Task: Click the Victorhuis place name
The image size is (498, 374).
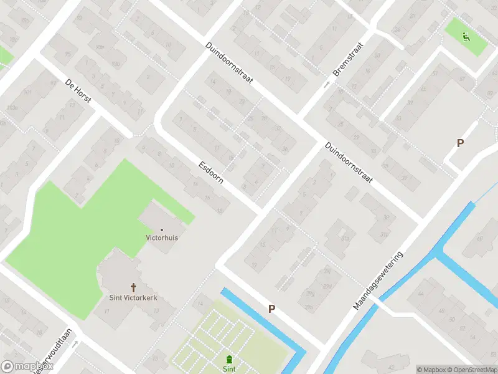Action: [x=162, y=237]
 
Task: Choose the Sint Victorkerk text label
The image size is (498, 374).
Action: [x=134, y=298]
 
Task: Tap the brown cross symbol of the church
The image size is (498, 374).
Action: [x=133, y=287]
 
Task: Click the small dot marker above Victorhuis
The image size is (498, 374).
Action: [x=162, y=229]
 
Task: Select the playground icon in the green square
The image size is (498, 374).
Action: [x=466, y=36]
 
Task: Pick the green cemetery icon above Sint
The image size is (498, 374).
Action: [x=230, y=360]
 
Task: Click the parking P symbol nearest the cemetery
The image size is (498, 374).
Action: [x=271, y=309]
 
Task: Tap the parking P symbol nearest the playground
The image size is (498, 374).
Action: [x=460, y=143]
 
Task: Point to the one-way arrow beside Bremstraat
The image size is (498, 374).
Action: [x=326, y=84]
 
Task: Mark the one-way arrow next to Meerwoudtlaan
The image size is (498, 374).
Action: [x=76, y=343]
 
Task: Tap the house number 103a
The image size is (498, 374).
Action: [x=11, y=107]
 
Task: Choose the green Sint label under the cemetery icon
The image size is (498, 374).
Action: [x=229, y=369]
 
